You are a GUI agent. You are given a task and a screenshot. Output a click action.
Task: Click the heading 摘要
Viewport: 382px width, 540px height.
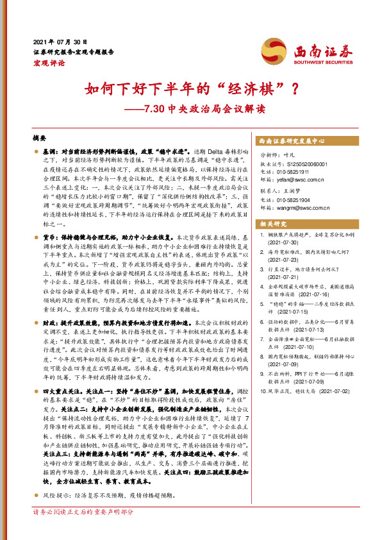coord(40,137)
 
